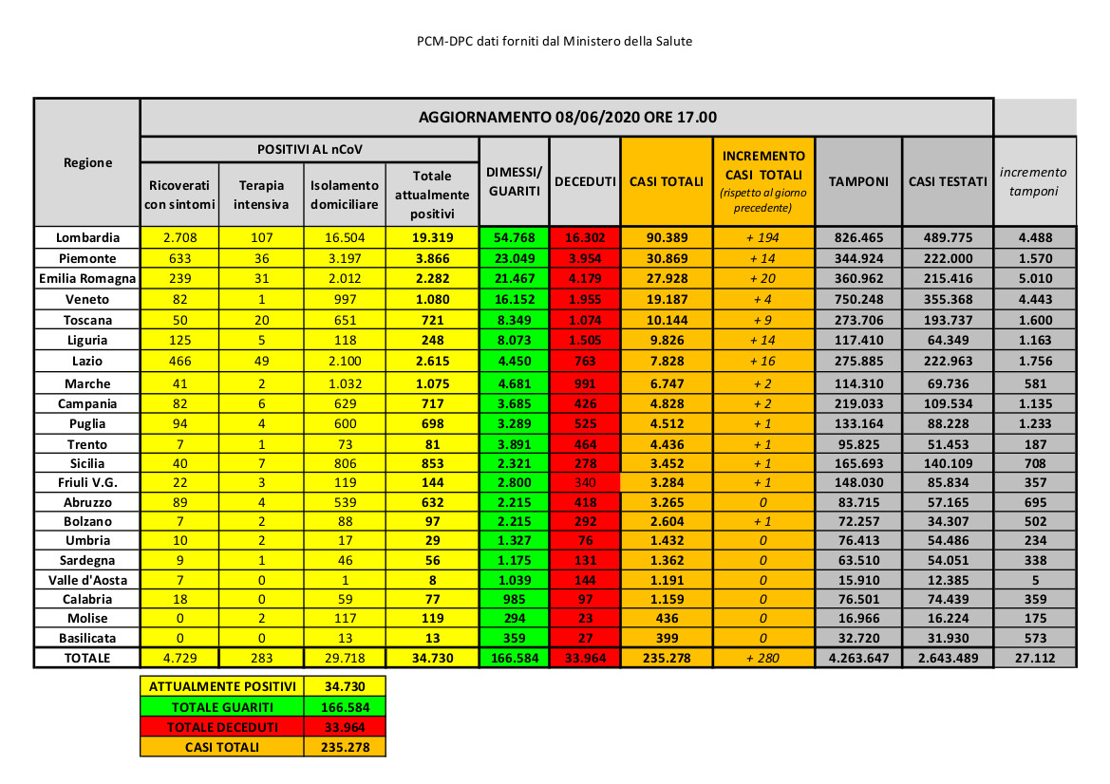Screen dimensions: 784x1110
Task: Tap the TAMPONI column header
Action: pyautogui.click(x=858, y=181)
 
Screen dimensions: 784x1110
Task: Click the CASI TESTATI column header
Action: pyautogui.click(x=947, y=181)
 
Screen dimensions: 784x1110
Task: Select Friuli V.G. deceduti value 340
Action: pyautogui.click(x=585, y=482)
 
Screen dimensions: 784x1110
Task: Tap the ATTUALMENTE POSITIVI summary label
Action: pyautogui.click(x=221, y=686)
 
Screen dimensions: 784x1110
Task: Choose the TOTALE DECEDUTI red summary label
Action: pyautogui.click(x=221, y=727)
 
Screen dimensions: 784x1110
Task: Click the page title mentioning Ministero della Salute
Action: pyautogui.click(x=555, y=42)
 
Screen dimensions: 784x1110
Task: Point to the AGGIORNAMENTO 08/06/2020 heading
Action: pyautogui.click(x=567, y=118)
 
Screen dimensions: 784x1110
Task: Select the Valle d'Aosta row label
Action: pyautogui.click(x=87, y=580)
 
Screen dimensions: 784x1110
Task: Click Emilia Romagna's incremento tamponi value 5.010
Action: pyautogui.click(x=1035, y=279)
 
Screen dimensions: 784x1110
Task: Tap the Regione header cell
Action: pyautogui.click(x=87, y=162)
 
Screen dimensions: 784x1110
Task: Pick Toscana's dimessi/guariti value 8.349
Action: pyautogui.click(x=514, y=320)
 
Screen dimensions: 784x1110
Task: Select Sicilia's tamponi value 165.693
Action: pyautogui.click(x=858, y=462)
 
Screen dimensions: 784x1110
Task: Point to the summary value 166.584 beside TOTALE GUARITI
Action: pyautogui.click(x=345, y=706)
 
